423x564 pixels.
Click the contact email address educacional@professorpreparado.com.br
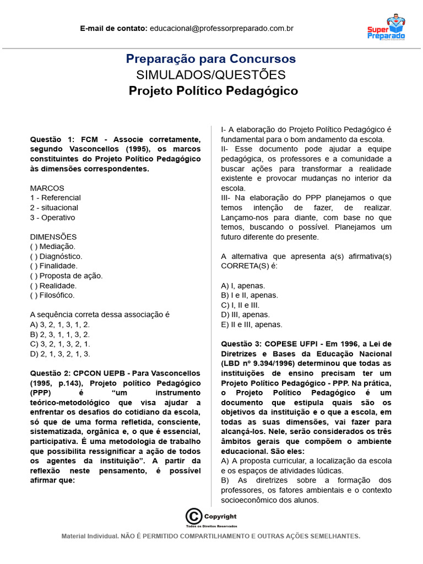coord(221,28)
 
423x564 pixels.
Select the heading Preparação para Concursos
coord(211,59)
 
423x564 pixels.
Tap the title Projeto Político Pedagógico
coord(213,91)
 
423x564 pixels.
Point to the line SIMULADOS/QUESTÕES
coord(211,75)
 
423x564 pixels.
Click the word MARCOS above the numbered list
coord(47,188)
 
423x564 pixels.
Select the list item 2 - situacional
coord(54,208)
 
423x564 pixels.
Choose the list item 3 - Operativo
coord(52,218)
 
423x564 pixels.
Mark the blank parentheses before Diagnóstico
coord(34,256)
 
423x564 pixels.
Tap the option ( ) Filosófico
coord(52,296)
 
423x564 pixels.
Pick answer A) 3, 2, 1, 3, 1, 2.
coord(59,324)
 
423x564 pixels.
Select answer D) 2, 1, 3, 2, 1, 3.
coord(60,354)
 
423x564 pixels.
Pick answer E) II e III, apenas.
coord(251,324)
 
